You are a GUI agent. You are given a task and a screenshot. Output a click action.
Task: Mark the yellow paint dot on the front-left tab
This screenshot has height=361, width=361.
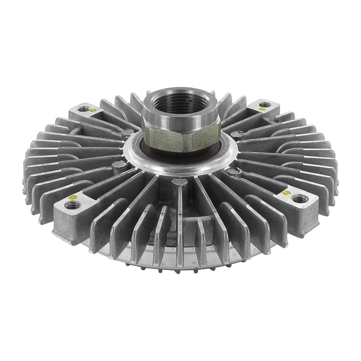[x=72, y=197]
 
